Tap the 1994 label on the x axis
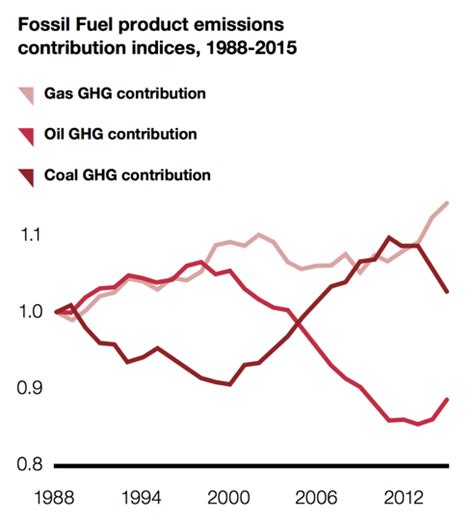140,497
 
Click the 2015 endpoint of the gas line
447,203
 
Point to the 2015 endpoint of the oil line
447,399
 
